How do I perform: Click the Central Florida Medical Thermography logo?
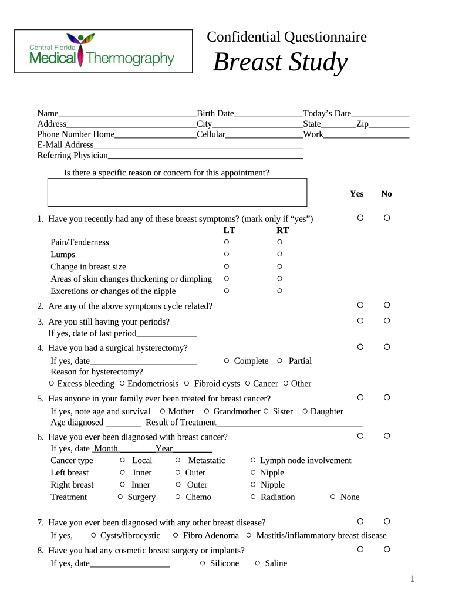[103, 51]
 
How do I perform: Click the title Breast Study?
[280, 62]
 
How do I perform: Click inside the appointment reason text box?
[177, 193]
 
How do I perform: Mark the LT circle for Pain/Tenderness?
[227, 242]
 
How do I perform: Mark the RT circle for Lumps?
[279, 254]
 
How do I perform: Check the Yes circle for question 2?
[360, 305]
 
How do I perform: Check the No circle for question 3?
[387, 320]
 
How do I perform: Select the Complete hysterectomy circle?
[227, 360]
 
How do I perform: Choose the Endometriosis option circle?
[122, 383]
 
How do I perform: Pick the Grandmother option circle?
[207, 411]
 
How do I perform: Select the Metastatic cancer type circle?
[178, 460]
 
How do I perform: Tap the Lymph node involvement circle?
[253, 460]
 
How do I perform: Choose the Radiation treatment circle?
[253, 497]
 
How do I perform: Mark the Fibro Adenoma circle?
[176, 535]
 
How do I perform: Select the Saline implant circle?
[258, 563]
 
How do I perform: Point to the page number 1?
[413, 579]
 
